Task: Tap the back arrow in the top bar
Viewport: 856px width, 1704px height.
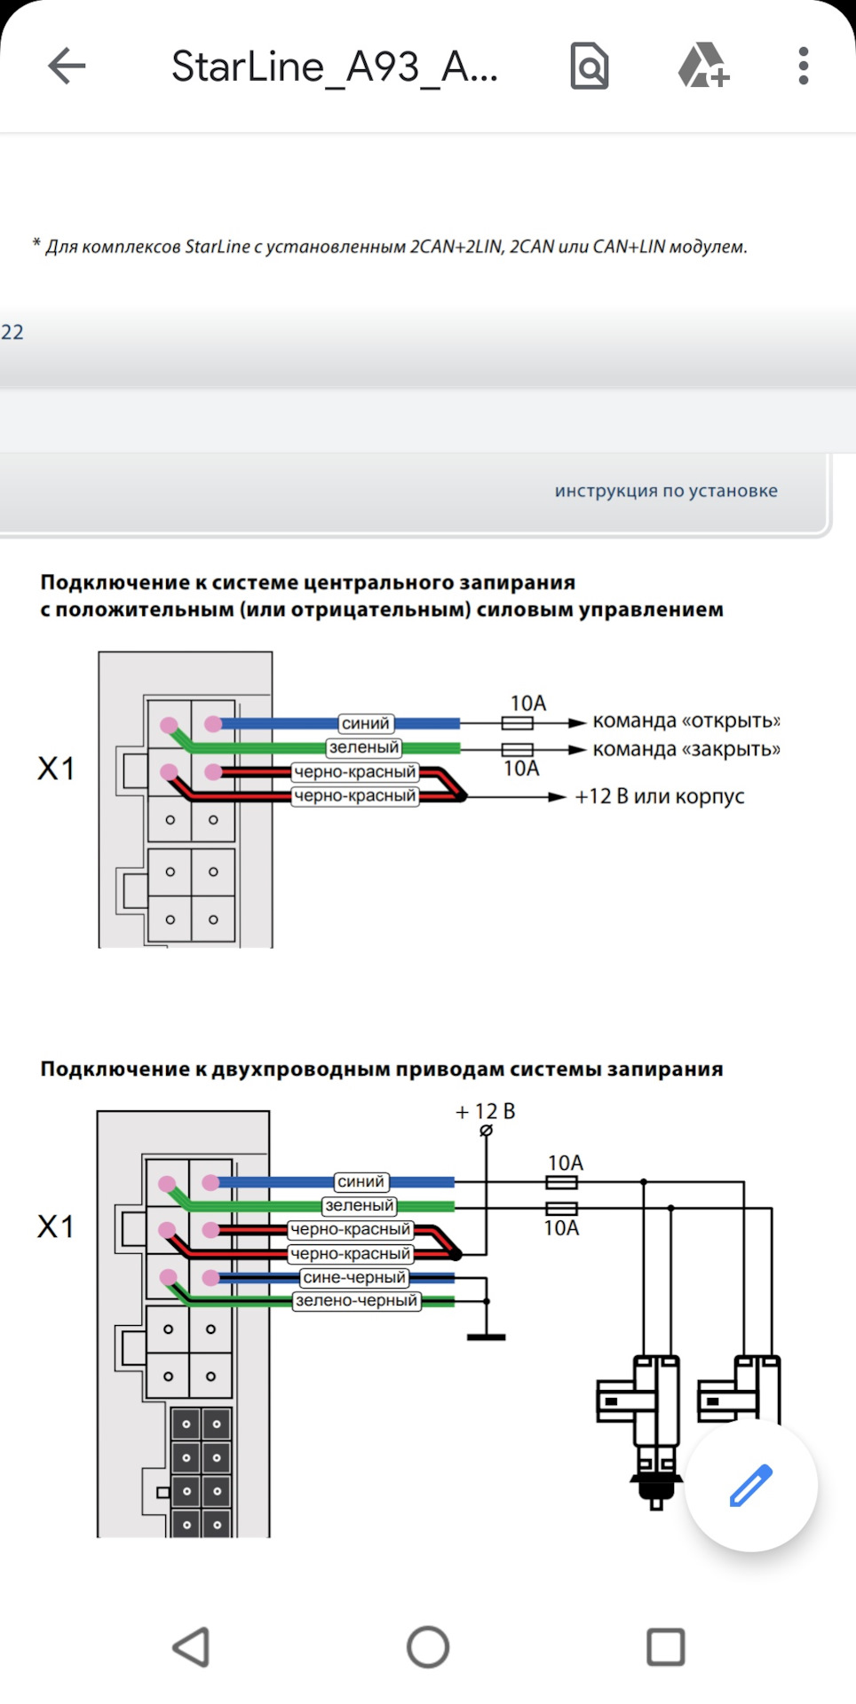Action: coord(67,66)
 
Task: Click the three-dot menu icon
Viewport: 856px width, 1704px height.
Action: coord(803,66)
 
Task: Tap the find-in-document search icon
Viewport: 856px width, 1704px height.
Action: coord(589,66)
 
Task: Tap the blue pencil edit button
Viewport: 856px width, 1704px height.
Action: coord(750,1485)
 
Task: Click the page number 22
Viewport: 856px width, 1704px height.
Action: coord(12,332)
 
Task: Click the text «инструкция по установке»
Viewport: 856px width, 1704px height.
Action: coord(666,491)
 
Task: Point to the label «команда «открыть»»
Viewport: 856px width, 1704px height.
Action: coord(686,721)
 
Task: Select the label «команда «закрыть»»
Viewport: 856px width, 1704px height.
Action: coord(686,749)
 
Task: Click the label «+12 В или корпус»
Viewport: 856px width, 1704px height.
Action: coord(659,796)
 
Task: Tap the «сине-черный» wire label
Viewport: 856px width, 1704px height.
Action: coord(354,1277)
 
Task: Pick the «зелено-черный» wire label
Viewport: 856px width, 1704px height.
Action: coord(356,1300)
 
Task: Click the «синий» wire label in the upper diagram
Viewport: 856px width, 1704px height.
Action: coord(365,723)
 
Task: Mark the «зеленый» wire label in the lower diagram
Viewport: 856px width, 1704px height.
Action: coord(359,1205)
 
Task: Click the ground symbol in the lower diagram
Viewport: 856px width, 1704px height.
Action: coord(487,1335)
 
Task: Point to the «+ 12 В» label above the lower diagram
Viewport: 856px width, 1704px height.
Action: coord(485,1111)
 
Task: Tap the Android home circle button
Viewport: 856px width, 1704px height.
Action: coord(428,1647)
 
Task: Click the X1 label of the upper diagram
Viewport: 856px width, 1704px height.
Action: coord(56,769)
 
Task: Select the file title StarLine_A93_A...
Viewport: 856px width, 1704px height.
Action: coord(334,67)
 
